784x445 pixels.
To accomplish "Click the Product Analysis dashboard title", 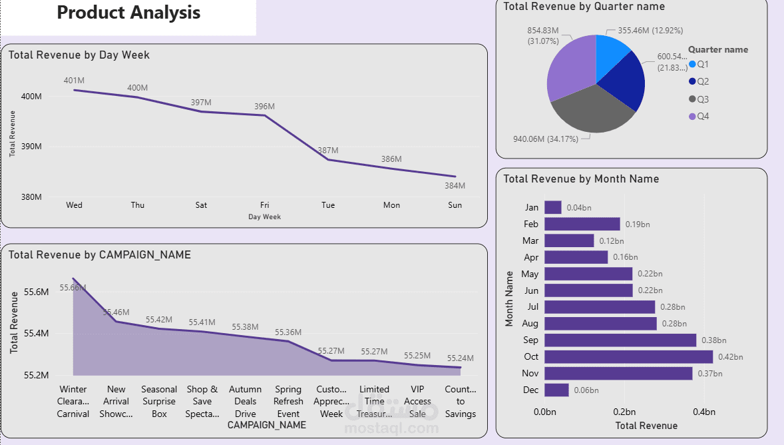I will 128,13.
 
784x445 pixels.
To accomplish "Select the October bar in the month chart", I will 628,356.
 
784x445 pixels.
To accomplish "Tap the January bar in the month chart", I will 553,207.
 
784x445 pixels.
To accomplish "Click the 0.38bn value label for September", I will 713,340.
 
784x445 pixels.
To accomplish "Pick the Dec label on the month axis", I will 531,390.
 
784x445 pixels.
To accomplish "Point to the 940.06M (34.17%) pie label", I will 544,139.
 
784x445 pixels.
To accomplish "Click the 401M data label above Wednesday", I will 74,81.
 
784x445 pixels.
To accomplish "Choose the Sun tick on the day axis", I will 455,205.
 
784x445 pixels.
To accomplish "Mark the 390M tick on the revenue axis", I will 31,147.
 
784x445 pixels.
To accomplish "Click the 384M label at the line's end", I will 455,186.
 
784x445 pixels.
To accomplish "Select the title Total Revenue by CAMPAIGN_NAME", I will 100,254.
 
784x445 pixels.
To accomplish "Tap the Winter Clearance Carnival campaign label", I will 73,401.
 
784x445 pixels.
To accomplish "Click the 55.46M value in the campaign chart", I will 116,312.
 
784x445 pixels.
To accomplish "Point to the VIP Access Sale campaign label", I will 417,401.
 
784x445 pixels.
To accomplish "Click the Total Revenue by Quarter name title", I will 584,6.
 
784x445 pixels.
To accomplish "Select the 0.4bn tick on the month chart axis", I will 704,412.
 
